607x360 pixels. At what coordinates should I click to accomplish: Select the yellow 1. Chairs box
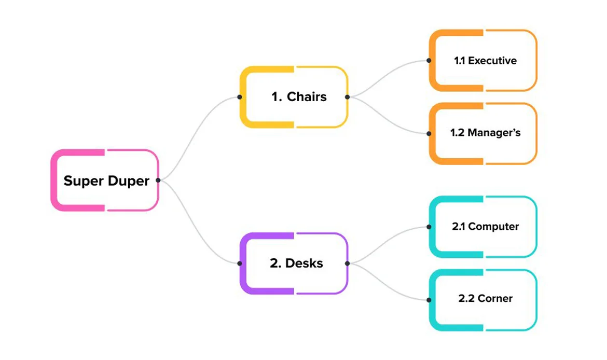(294, 97)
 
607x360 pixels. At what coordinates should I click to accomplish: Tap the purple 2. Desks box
(294, 263)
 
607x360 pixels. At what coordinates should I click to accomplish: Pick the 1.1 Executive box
(483, 61)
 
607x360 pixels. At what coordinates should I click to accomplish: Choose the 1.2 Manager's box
(483, 133)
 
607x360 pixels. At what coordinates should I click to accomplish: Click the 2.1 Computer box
(483, 227)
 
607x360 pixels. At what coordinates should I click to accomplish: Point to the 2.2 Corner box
(483, 299)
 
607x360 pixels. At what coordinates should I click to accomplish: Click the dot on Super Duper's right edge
(158, 181)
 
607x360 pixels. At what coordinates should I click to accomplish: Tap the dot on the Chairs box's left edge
(239, 97)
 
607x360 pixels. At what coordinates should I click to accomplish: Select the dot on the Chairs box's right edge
(347, 97)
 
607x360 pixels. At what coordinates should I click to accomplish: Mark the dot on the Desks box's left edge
(239, 264)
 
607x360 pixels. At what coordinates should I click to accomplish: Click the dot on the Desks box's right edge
(347, 264)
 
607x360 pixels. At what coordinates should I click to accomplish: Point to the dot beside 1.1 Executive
(429, 61)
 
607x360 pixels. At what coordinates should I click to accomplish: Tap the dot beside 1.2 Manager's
(429, 133)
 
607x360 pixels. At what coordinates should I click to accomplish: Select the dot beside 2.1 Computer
(429, 227)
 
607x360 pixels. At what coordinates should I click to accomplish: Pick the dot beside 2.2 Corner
(429, 299)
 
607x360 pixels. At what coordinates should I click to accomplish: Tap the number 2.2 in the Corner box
(466, 299)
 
